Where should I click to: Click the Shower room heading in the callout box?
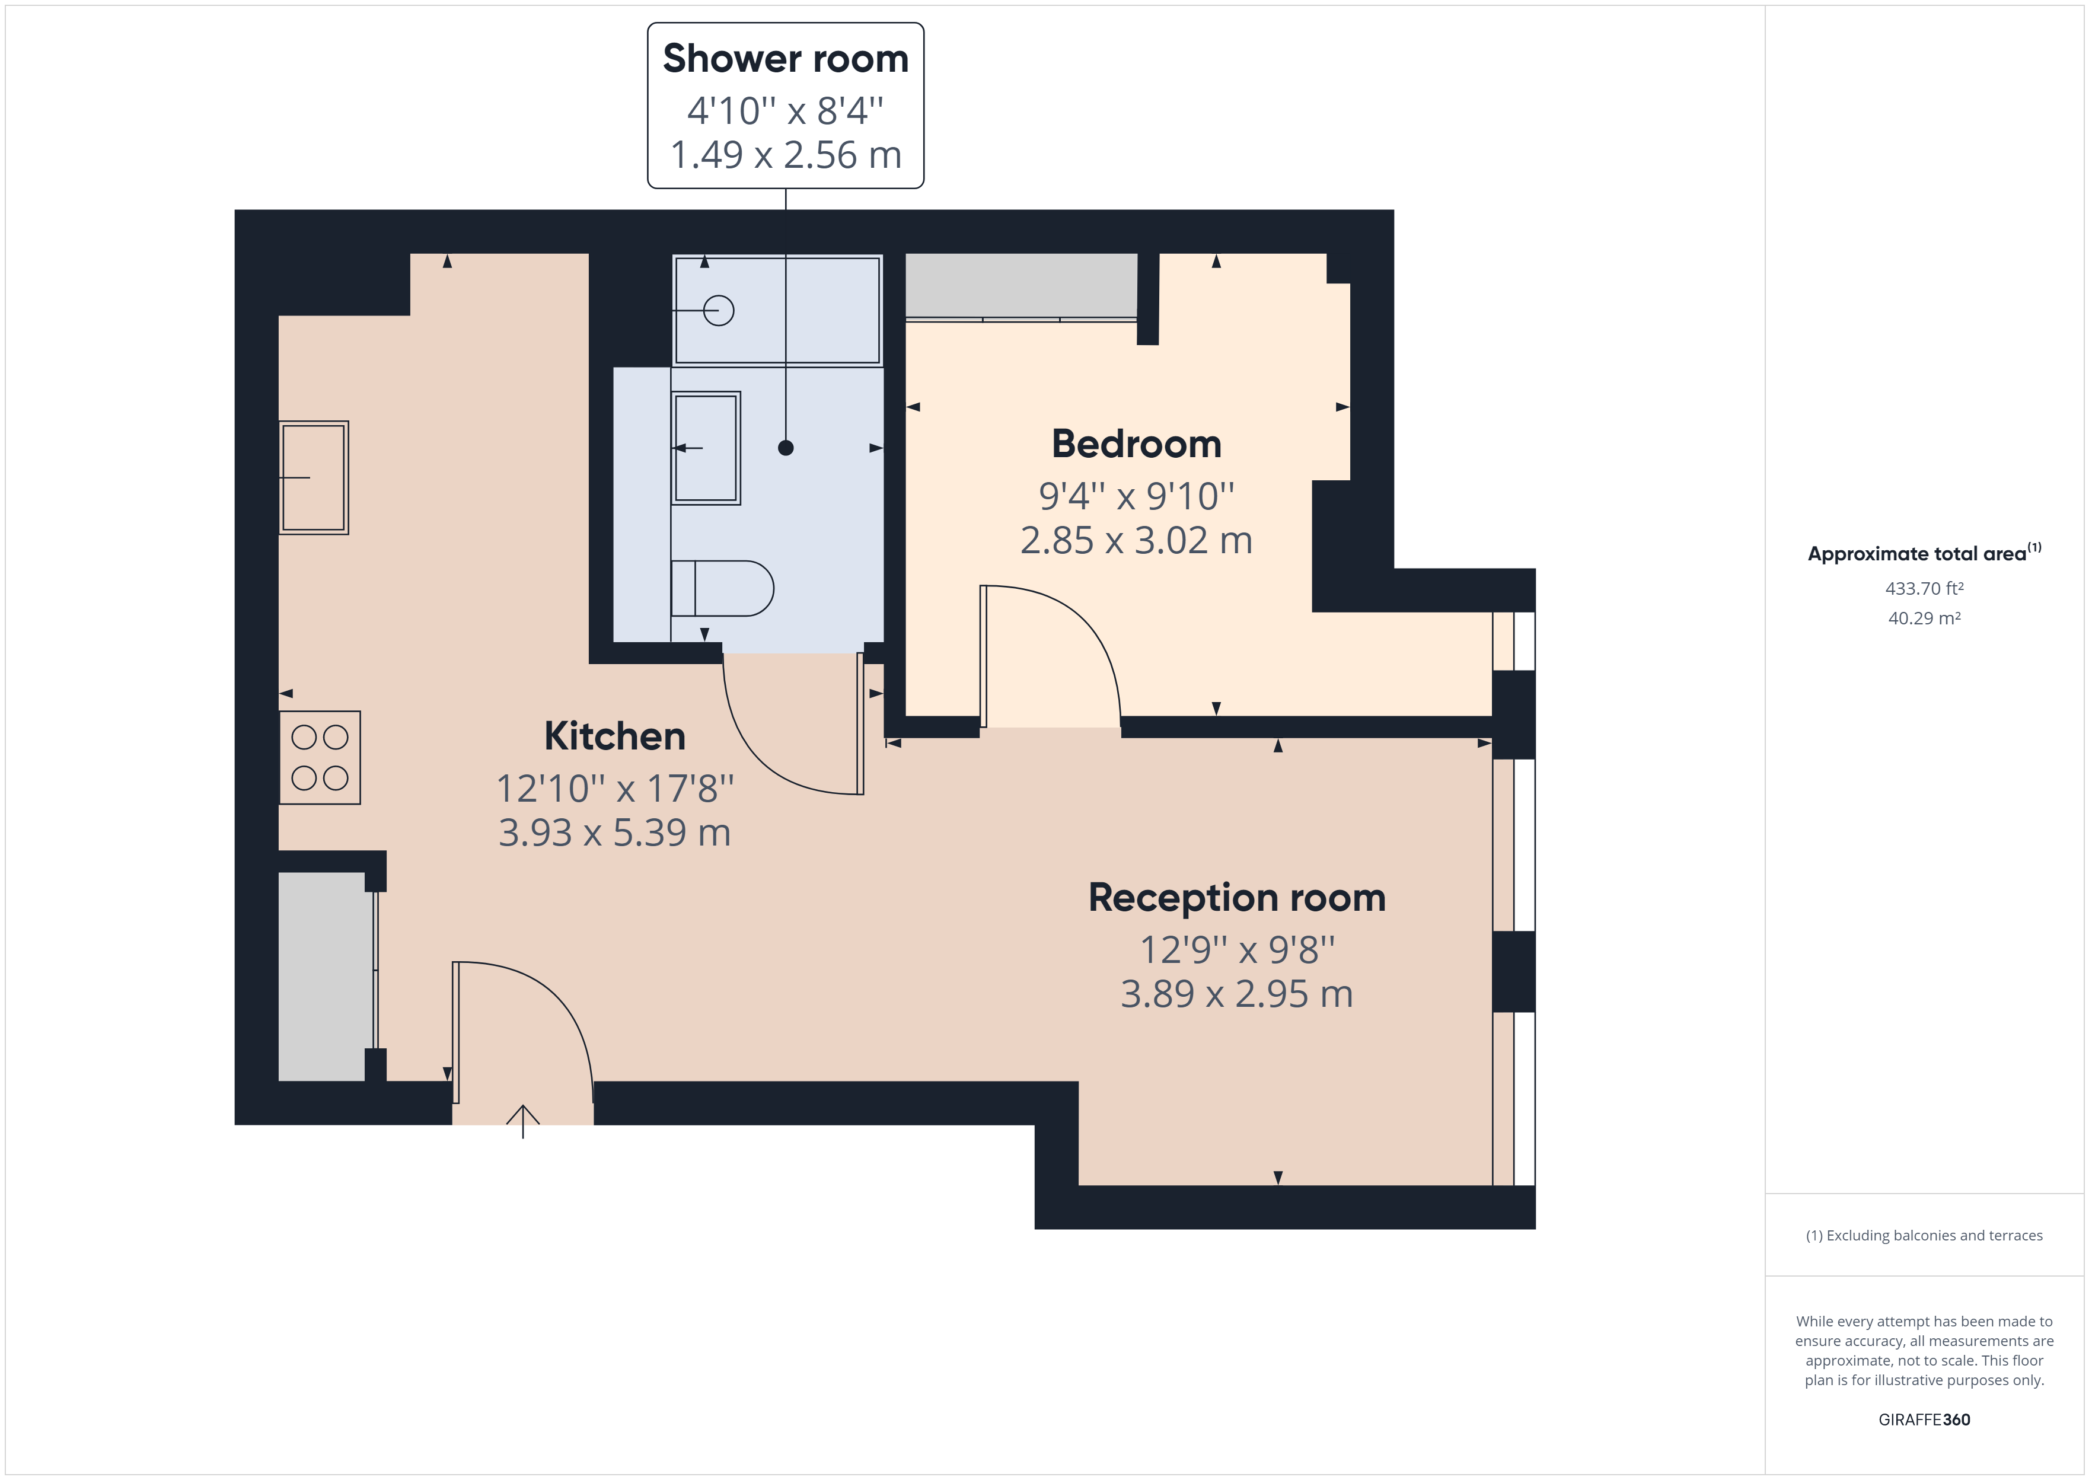coord(786,58)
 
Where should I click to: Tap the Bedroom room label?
coord(1136,444)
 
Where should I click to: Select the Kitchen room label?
coord(615,736)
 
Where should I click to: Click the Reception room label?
coord(1236,898)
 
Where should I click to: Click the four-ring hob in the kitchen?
coord(320,757)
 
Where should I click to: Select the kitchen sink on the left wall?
coord(314,477)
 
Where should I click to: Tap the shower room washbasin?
coord(706,448)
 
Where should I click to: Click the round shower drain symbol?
coord(719,311)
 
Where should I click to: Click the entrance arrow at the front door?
coord(523,1120)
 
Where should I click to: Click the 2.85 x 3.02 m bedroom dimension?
coord(1136,540)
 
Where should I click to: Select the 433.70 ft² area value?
coord(1924,589)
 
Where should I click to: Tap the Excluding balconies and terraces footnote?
coord(1924,1236)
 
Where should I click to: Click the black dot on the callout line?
coord(786,448)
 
